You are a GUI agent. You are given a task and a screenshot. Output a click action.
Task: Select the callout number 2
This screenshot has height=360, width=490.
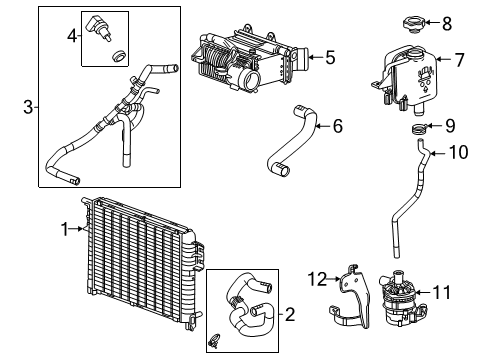[290, 315]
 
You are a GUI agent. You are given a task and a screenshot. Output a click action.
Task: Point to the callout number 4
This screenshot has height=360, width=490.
[71, 37]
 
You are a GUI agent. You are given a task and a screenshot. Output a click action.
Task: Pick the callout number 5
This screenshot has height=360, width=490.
[331, 57]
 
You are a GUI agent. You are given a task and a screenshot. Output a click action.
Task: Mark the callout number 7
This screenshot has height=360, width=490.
[459, 60]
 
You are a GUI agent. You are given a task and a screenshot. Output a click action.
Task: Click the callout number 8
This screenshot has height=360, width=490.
[447, 21]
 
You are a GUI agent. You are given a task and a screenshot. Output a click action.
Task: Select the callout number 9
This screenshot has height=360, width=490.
[449, 126]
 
